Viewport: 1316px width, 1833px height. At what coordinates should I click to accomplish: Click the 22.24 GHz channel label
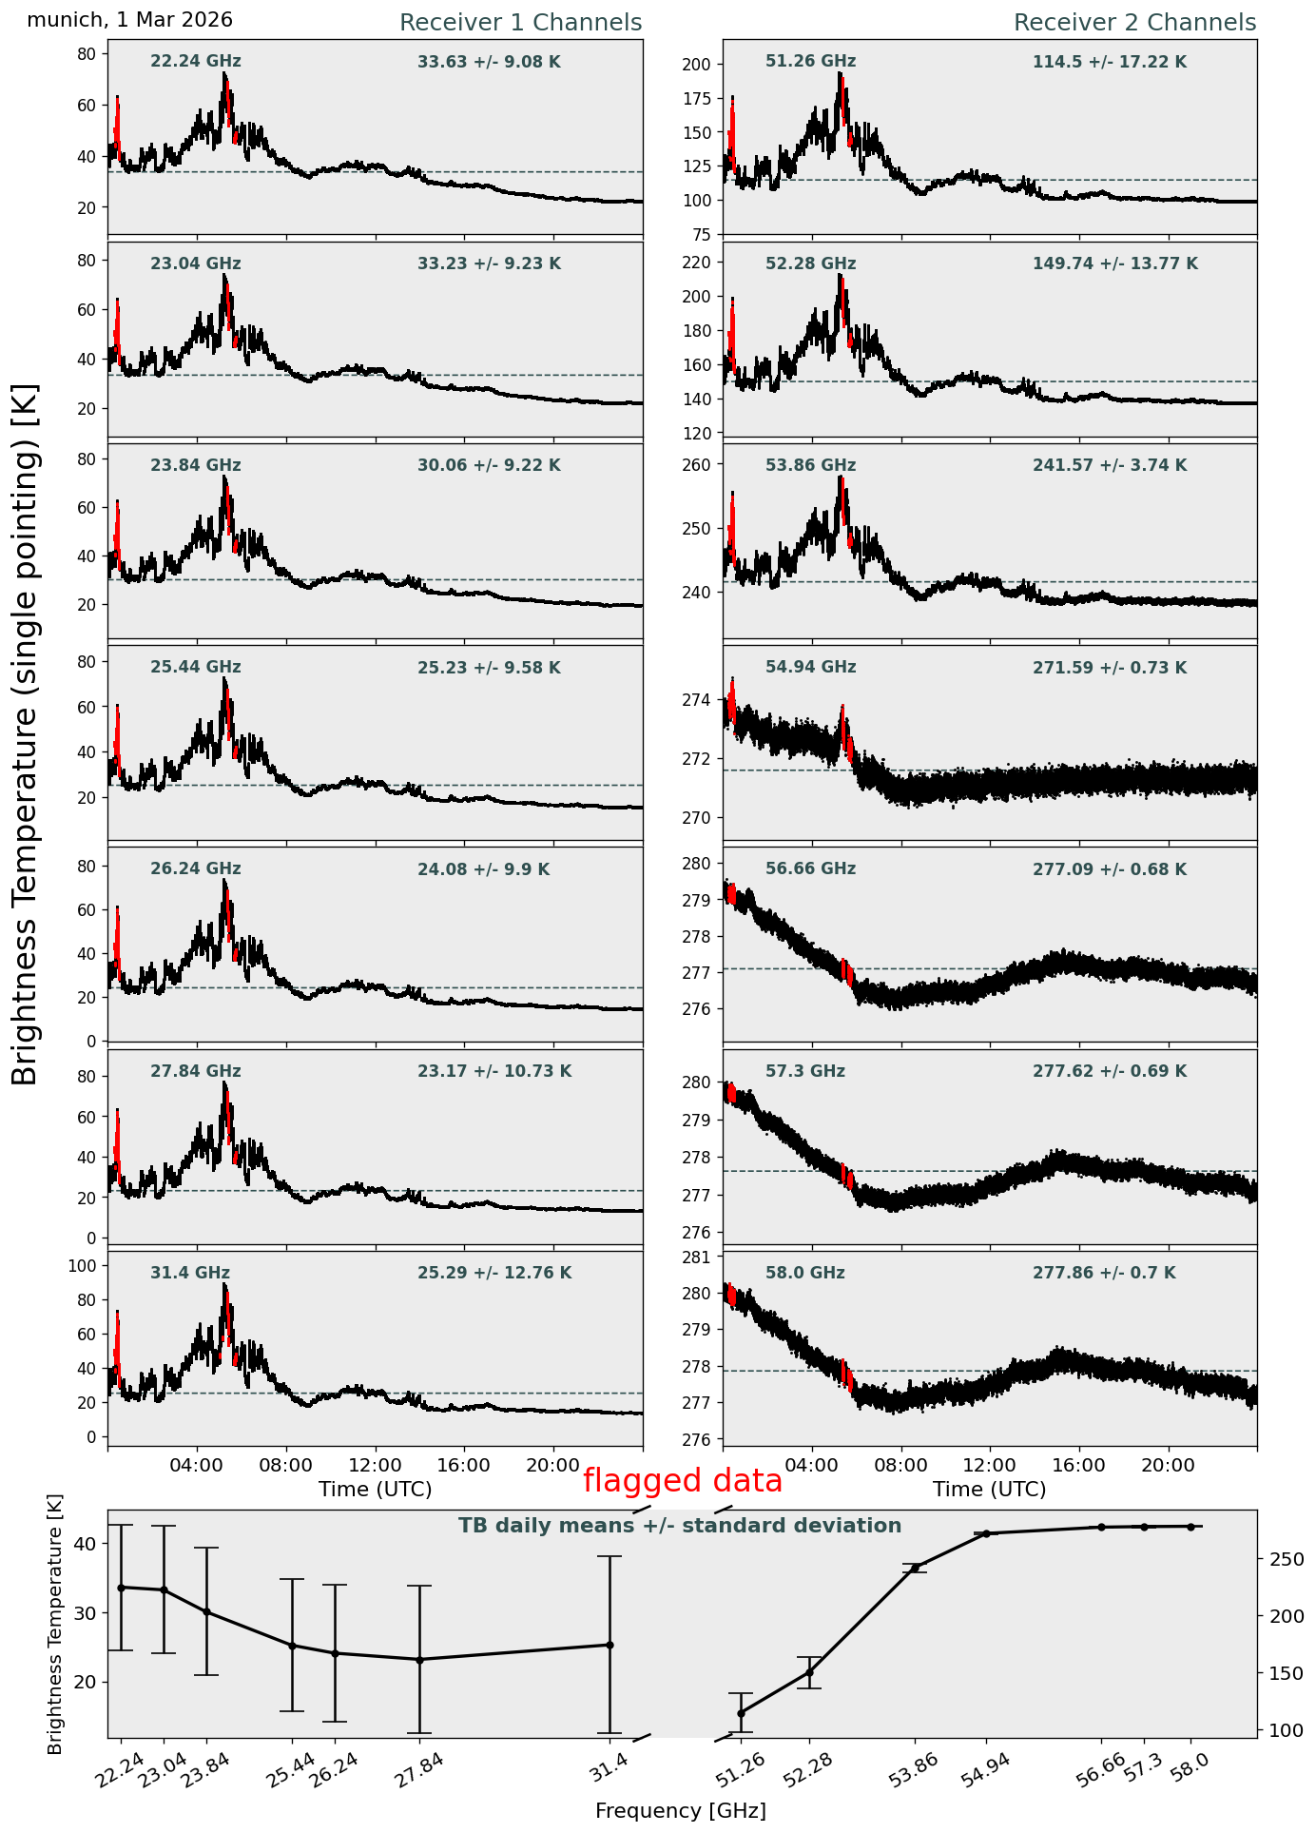pyautogui.click(x=196, y=62)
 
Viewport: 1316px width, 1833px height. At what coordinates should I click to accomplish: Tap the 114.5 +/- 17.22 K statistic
pyautogui.click(x=1110, y=63)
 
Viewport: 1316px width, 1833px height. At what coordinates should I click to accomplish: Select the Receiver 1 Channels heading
pyautogui.click(x=520, y=23)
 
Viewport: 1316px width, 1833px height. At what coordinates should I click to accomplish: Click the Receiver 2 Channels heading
pyautogui.click(x=1135, y=23)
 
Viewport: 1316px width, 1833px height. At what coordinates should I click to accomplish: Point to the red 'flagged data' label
pyautogui.click(x=683, y=1481)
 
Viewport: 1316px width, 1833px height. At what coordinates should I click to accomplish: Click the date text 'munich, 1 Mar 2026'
pyautogui.click(x=130, y=20)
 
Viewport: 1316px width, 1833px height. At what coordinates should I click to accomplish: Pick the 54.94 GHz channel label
pyautogui.click(x=811, y=668)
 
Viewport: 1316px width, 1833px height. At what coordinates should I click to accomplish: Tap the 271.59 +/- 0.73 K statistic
pyautogui.click(x=1110, y=669)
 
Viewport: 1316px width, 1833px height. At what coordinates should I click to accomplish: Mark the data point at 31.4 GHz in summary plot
pyautogui.click(x=609, y=1645)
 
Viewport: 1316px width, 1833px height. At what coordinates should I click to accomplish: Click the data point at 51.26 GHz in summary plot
pyautogui.click(x=741, y=1713)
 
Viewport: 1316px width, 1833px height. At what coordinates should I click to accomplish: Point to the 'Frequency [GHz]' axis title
pyautogui.click(x=681, y=1810)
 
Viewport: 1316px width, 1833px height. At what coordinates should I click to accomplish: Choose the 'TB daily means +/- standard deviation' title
pyautogui.click(x=680, y=1526)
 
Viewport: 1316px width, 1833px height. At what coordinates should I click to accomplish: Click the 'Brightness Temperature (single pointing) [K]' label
pyautogui.click(x=26, y=734)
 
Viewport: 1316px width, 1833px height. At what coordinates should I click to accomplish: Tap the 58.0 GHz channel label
pyautogui.click(x=805, y=1273)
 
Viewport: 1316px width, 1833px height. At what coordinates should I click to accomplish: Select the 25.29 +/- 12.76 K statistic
pyautogui.click(x=494, y=1274)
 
